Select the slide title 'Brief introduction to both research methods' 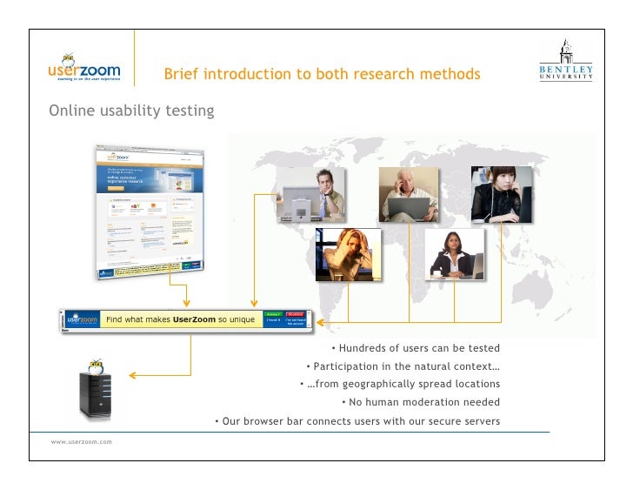pos(322,75)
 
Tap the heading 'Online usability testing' pos(131,111)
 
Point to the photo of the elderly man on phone pos(409,192)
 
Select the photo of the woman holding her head pos(348,254)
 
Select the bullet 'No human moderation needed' pos(424,402)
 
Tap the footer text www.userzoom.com pos(81,443)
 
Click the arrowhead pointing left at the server pos(132,376)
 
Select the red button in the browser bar pos(296,314)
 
